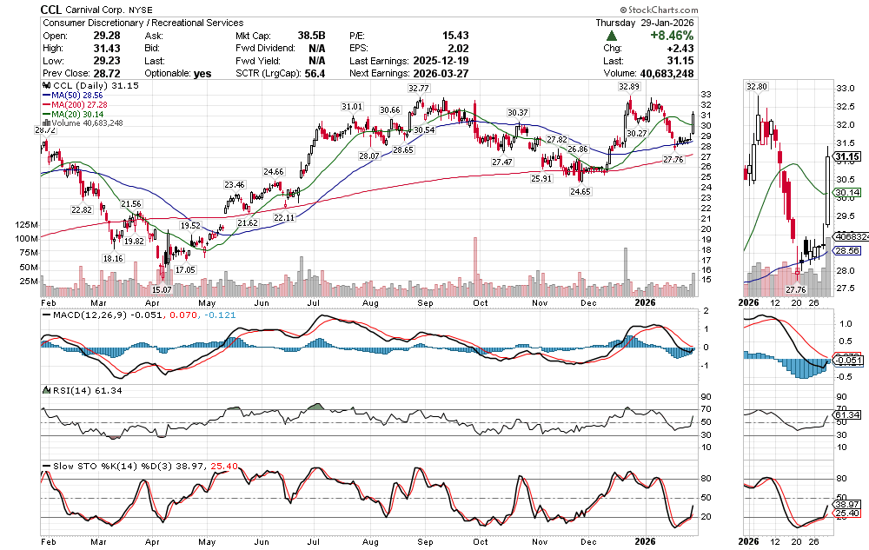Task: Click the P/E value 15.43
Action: coord(457,36)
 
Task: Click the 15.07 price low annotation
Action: coord(163,288)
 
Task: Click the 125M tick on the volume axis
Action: coord(28,224)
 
